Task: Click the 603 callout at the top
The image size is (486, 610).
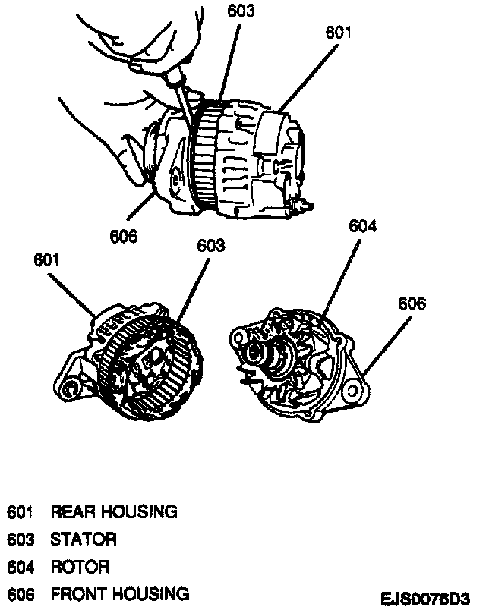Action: [x=240, y=11]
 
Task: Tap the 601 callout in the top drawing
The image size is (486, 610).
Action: [x=339, y=33]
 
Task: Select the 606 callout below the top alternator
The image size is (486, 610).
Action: [x=123, y=237]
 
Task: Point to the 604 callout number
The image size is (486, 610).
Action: [x=363, y=225]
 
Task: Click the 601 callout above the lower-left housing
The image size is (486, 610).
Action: [x=47, y=260]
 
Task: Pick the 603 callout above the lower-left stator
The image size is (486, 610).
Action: [x=211, y=245]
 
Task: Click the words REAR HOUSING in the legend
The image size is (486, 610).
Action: [x=114, y=511]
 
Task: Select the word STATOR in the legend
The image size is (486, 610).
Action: [x=84, y=539]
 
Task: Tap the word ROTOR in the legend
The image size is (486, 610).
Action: [x=80, y=567]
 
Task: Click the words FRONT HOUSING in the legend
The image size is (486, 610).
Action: [x=120, y=593]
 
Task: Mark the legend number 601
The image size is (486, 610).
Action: [x=21, y=511]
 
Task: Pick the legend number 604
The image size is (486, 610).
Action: [x=21, y=567]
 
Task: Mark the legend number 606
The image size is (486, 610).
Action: [x=21, y=593]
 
